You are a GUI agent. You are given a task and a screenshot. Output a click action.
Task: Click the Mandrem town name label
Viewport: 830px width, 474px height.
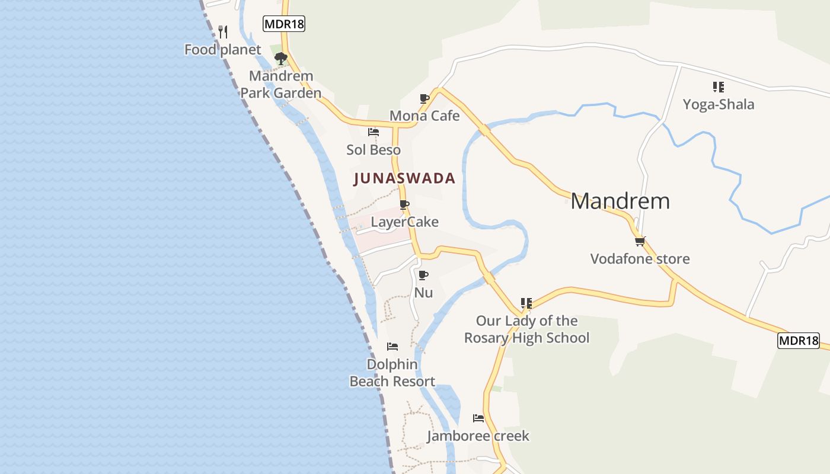(620, 201)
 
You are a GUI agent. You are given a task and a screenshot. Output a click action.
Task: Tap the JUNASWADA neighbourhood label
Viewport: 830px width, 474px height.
(404, 178)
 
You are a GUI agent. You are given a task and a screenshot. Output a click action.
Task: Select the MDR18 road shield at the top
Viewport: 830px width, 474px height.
(283, 24)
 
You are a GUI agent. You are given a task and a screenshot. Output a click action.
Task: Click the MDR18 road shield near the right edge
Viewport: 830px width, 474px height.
(798, 341)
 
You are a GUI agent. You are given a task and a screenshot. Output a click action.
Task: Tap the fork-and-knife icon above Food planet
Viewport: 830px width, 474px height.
(223, 31)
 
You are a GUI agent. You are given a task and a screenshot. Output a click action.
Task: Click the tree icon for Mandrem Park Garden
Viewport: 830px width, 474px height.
(280, 58)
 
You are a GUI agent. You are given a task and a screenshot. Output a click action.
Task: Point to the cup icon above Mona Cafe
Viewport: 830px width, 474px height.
(424, 98)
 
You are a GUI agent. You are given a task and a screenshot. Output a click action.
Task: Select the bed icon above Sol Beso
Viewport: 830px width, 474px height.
(373, 132)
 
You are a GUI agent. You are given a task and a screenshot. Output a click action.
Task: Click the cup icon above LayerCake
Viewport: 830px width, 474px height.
(404, 205)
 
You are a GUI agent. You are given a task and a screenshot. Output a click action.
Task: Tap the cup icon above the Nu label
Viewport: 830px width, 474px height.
(423, 275)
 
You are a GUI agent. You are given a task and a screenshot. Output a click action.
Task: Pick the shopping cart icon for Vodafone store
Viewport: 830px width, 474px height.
(640, 241)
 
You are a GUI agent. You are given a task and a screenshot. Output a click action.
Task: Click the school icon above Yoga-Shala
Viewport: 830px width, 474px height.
(719, 87)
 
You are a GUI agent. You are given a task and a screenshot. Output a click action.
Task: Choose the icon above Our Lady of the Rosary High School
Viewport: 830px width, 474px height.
(526, 303)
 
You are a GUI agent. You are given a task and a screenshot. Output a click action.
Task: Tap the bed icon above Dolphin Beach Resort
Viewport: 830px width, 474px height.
(392, 347)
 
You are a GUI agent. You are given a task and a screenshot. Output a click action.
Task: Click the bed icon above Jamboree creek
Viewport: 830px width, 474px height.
(478, 418)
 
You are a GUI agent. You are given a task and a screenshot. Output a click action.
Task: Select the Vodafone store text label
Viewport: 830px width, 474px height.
(640, 259)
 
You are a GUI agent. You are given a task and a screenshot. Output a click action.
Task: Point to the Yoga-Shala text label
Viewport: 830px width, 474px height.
(719, 105)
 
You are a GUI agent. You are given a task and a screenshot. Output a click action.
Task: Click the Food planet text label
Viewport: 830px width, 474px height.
(222, 50)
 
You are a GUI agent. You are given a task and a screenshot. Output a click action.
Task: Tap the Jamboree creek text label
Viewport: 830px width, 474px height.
(478, 437)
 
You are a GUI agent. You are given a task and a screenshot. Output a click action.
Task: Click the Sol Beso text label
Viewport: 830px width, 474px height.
(373, 150)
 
